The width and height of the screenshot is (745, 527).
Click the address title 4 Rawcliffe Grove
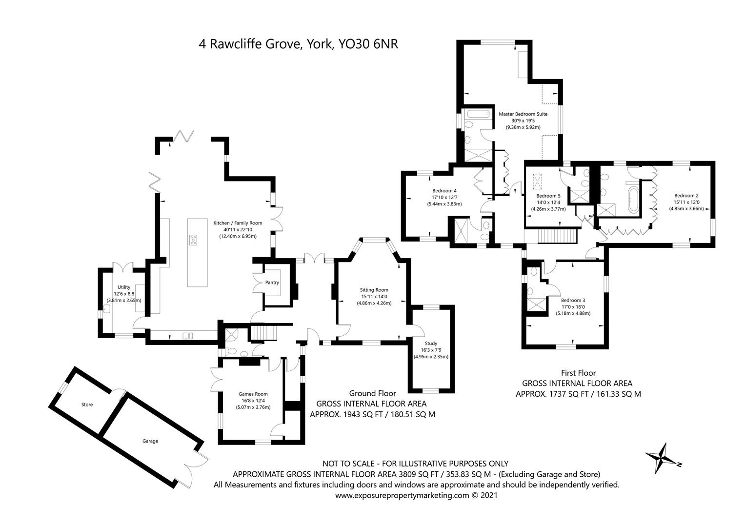click(x=250, y=44)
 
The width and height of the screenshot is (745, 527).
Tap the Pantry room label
click(x=272, y=283)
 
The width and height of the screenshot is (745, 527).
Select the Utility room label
click(x=124, y=287)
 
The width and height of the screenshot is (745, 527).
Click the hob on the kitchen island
click(x=193, y=240)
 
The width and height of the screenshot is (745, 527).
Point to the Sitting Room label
click(x=374, y=290)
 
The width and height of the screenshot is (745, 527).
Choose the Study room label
click(x=431, y=344)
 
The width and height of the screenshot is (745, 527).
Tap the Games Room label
click(x=253, y=394)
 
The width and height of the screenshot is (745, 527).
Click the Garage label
click(x=150, y=441)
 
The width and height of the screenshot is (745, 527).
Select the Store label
click(x=87, y=405)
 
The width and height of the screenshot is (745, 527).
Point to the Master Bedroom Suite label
click(x=523, y=114)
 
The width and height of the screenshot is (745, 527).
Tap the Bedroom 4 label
click(x=444, y=191)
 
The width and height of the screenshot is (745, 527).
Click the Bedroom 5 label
click(x=548, y=196)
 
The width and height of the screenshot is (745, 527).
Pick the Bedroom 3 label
click(x=573, y=300)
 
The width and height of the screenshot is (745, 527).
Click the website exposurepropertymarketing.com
click(x=402, y=495)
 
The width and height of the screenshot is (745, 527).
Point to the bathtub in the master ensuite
click(x=479, y=114)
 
